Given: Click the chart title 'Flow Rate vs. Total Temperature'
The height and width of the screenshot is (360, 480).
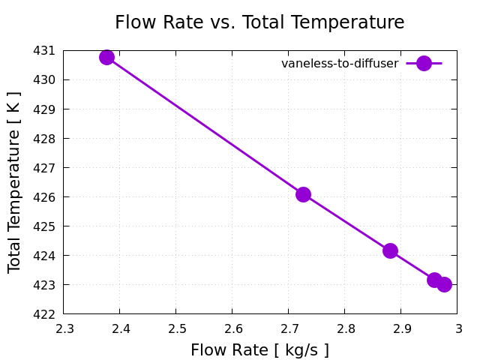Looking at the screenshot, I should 259,22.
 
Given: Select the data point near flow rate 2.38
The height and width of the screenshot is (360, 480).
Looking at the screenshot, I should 106,57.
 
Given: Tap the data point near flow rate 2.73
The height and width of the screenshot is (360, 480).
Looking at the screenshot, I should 303,194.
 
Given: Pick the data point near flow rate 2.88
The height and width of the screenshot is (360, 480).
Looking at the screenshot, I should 390,250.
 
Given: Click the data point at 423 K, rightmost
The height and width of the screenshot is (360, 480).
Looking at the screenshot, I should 444,284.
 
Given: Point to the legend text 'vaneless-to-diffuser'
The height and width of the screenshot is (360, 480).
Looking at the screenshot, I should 340,64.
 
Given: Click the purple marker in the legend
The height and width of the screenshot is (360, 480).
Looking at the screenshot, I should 424,64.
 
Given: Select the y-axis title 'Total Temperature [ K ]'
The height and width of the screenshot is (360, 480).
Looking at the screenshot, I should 14,182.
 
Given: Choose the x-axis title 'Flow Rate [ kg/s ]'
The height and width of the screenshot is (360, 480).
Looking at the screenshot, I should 259,349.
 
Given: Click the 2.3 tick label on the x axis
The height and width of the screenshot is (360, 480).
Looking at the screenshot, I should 64,328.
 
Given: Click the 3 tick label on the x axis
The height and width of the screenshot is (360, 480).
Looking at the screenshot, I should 457,328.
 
